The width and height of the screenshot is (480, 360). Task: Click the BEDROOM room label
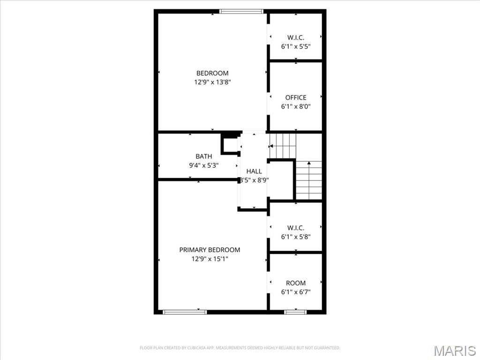pyautogui.click(x=212, y=73)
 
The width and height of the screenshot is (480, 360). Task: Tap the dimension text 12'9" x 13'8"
pyautogui.click(x=212, y=82)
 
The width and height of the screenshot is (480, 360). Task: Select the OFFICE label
pyautogui.click(x=296, y=97)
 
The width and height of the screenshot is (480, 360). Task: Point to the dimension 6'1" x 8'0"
pyautogui.click(x=296, y=106)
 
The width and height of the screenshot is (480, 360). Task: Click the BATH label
pyautogui.click(x=203, y=157)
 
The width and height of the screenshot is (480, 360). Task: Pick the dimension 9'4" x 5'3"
pyautogui.click(x=203, y=165)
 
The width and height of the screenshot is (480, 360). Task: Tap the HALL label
pyautogui.click(x=254, y=172)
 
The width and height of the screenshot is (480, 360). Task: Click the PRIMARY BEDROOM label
pyautogui.click(x=210, y=250)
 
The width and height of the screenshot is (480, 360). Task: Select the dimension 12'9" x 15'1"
pyautogui.click(x=210, y=259)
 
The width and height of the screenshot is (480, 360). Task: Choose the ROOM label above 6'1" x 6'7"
pyautogui.click(x=296, y=283)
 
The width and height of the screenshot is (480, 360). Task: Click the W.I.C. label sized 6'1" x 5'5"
pyautogui.click(x=296, y=37)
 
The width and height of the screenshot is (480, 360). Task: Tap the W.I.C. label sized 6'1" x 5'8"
pyautogui.click(x=296, y=228)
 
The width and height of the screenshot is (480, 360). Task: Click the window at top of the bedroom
pyautogui.click(x=241, y=11)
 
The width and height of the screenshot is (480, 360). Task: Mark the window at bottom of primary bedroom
pyautogui.click(x=185, y=312)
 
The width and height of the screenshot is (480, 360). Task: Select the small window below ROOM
pyautogui.click(x=296, y=312)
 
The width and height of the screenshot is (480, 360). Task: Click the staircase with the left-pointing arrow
pyautogui.click(x=283, y=146)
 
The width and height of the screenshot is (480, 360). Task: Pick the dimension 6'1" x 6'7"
pyautogui.click(x=296, y=292)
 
